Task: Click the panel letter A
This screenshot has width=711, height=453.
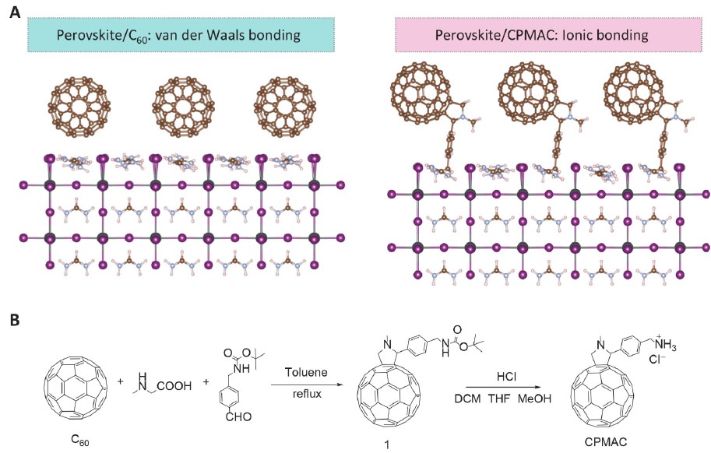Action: click(15, 12)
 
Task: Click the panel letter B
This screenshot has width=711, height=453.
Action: click(15, 320)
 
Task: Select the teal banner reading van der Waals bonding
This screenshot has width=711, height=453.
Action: click(181, 35)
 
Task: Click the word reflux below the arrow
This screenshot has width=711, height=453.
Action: click(307, 393)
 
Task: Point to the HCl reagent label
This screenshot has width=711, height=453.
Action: click(506, 377)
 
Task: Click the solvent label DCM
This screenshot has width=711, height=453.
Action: click(468, 399)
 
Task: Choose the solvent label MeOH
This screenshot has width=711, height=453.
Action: click(534, 399)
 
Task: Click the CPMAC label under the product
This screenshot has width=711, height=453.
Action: click(606, 441)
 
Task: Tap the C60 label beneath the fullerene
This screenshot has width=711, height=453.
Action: click(79, 440)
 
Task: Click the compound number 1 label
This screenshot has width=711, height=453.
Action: click(387, 445)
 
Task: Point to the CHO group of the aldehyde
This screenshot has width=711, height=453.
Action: click(238, 416)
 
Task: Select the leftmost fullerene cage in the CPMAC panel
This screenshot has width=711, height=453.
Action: click(421, 92)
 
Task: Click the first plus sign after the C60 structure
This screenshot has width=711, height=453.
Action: click(121, 382)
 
